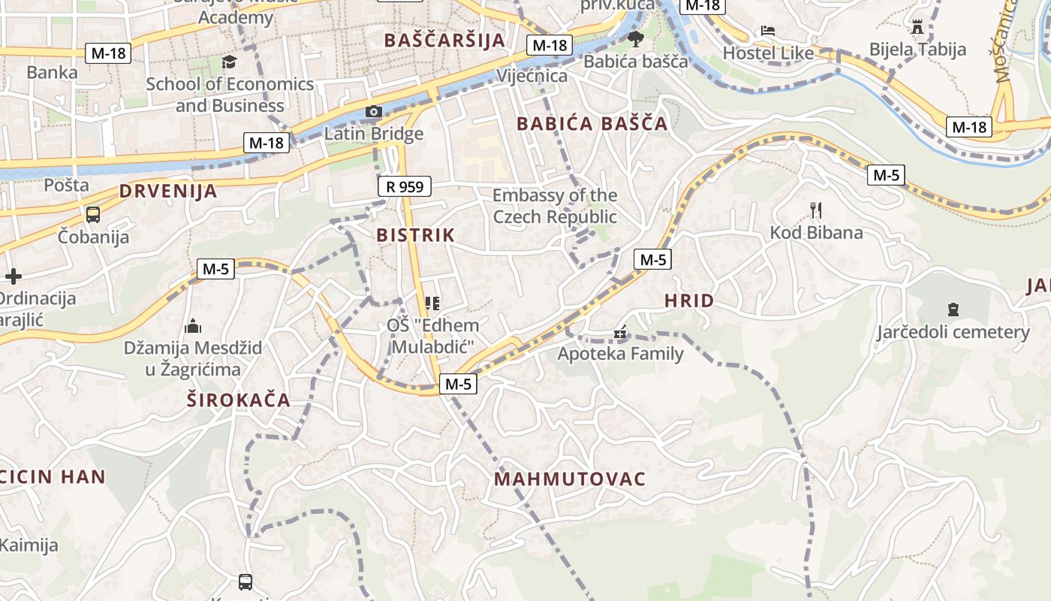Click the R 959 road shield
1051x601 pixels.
[405, 186]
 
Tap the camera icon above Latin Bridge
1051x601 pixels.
[374, 112]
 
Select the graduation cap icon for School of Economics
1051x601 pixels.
[229, 62]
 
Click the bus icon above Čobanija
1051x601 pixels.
[93, 214]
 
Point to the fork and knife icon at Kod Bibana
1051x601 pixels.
[816, 210]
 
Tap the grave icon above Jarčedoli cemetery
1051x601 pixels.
[953, 309]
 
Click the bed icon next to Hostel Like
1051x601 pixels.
[768, 31]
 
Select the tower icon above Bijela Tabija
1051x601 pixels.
[917, 27]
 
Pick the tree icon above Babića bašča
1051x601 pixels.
[636, 38]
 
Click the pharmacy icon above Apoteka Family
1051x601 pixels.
[620, 331]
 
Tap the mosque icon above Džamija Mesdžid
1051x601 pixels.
[193, 326]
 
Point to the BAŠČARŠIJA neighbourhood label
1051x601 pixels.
[444, 41]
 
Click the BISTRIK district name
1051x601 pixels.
[416, 235]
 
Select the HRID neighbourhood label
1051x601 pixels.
[689, 301]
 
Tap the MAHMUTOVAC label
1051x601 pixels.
[570, 479]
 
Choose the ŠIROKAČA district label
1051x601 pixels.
[238, 400]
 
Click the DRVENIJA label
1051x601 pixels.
[168, 192]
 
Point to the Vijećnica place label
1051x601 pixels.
[532, 76]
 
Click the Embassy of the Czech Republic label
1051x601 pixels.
[555, 206]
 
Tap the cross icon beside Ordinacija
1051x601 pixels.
[13, 276]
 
